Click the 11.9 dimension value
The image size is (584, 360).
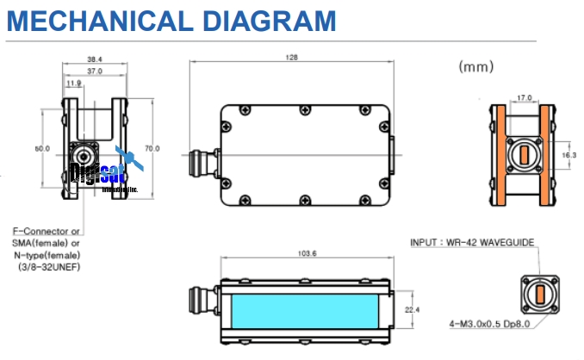click(74, 84)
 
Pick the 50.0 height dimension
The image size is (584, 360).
click(41, 148)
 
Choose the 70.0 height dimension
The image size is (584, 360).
click(152, 148)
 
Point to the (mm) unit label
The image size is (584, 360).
click(476, 65)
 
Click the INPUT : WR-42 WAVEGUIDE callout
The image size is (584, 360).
click(473, 244)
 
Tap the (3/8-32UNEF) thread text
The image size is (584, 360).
click(49, 267)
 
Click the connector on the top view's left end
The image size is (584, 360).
click(200, 160)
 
